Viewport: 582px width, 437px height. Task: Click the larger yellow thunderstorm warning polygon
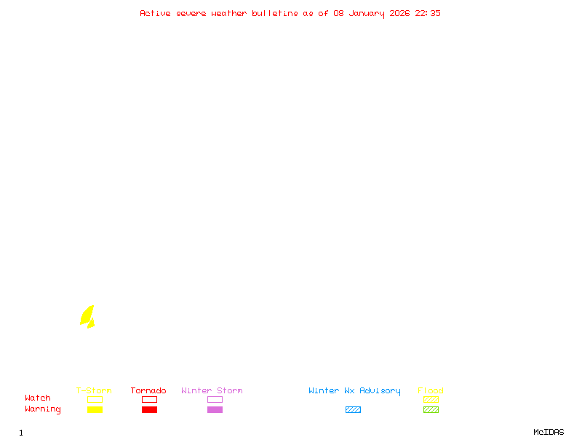[x=87, y=315]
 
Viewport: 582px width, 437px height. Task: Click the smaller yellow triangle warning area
[x=91, y=323]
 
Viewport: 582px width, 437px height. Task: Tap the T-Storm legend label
[x=94, y=391]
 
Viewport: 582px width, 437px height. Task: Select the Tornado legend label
[x=148, y=391]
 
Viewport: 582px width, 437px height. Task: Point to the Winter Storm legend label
[x=212, y=391]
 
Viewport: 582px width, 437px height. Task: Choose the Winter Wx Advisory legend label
[x=354, y=391]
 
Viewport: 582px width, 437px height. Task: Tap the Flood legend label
[x=431, y=391]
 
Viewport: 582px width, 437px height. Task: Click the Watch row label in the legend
[x=38, y=398]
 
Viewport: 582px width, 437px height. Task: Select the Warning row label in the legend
[x=43, y=409]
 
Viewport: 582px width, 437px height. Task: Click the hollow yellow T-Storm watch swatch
[x=95, y=399]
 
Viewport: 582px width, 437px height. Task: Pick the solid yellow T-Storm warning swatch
[x=95, y=409]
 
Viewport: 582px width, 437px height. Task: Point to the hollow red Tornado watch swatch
[x=149, y=399]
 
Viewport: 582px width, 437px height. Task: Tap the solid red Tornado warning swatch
[x=149, y=409]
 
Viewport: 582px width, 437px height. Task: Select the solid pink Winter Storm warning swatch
[x=215, y=409]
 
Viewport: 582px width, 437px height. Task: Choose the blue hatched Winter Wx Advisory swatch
[x=353, y=409]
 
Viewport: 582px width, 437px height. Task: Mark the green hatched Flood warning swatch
[x=431, y=409]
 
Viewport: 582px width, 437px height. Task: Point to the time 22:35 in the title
[x=428, y=13]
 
